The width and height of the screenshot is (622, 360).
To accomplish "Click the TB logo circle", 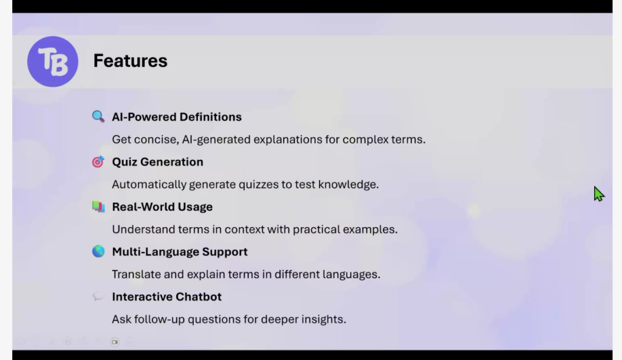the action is coord(53,61).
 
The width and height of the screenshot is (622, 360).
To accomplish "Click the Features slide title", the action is coord(130,61).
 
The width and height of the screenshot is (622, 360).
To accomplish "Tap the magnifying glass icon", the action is coord(98,117).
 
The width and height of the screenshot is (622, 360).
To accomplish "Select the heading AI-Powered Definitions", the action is coord(177,117).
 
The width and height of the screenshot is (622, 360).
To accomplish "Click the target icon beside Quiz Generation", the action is coord(98,161).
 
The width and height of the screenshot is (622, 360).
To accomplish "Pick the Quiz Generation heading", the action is coord(157,161).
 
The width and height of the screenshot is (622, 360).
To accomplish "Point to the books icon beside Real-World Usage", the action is coord(98,206).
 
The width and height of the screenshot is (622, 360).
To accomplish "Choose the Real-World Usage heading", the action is coord(162,207).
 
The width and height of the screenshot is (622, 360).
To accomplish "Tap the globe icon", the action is coord(98,251).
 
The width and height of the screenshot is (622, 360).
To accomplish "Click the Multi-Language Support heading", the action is coord(180,252).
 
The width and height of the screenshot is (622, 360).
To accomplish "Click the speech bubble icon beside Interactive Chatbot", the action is coord(98,297).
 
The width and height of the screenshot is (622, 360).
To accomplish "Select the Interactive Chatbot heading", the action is coord(166,297).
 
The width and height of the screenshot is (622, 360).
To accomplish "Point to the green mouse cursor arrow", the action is coord(598,194).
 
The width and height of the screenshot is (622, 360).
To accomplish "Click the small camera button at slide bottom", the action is coord(115,342).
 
